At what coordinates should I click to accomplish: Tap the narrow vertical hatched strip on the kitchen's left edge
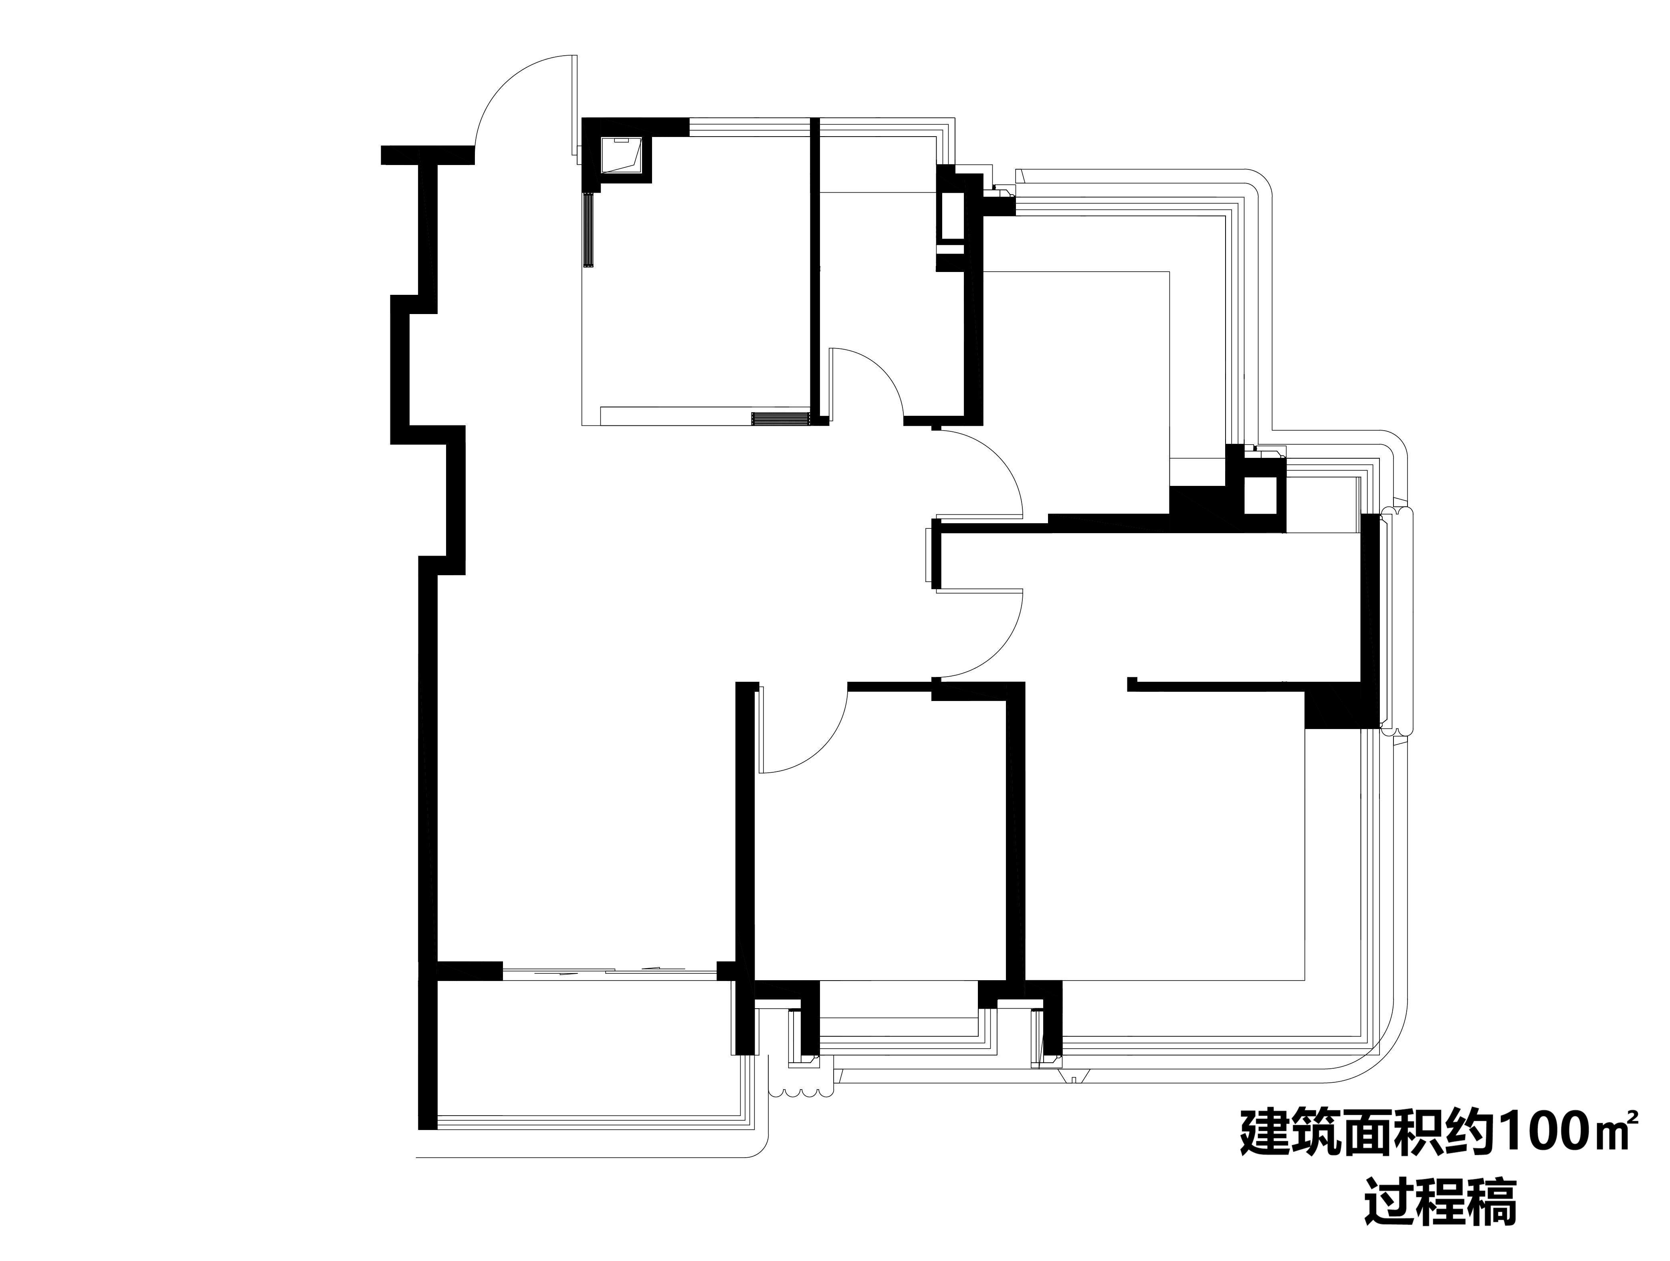pos(590,229)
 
